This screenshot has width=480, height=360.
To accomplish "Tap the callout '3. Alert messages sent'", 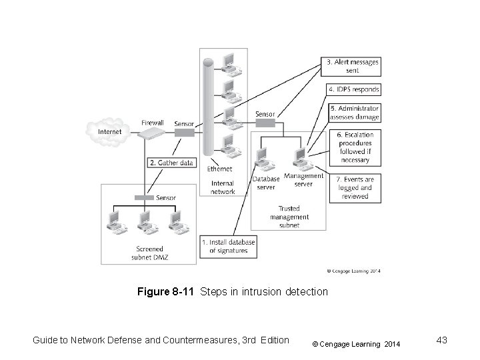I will click(x=353, y=65).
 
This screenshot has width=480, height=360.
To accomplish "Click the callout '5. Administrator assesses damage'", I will click(x=354, y=113).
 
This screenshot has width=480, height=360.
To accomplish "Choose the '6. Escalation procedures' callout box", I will click(x=354, y=147).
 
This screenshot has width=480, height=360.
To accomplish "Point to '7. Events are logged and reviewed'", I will click(x=355, y=188).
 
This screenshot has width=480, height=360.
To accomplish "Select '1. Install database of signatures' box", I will click(x=228, y=246).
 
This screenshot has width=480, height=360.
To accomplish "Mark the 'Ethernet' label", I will click(x=220, y=169).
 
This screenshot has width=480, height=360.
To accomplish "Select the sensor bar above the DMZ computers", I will click(x=144, y=197).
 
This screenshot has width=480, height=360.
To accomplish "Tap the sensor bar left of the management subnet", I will click(x=265, y=123).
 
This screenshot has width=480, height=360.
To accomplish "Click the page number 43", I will click(x=439, y=341).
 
